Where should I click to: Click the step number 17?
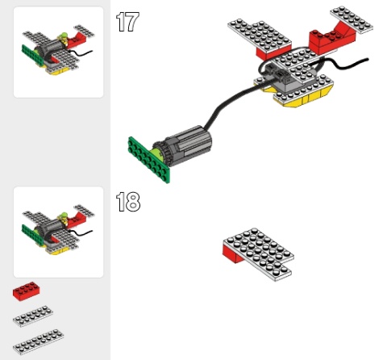[x=127, y=22]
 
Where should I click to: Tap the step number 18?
[x=128, y=202]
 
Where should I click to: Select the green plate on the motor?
[x=148, y=160]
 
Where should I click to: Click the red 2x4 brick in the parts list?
[x=27, y=291]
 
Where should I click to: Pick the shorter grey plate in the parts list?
[x=33, y=316]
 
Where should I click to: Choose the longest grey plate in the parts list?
[x=38, y=341]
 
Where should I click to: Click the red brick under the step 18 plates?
[x=233, y=253]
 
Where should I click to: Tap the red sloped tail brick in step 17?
[x=332, y=39]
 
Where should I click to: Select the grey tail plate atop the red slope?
[x=352, y=19]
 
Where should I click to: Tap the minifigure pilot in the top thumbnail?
[x=64, y=38]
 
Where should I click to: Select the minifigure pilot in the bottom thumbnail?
[x=64, y=218]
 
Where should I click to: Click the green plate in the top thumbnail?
[x=32, y=55]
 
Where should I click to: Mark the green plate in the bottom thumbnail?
[x=32, y=235]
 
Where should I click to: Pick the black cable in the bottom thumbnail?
[x=81, y=233]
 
